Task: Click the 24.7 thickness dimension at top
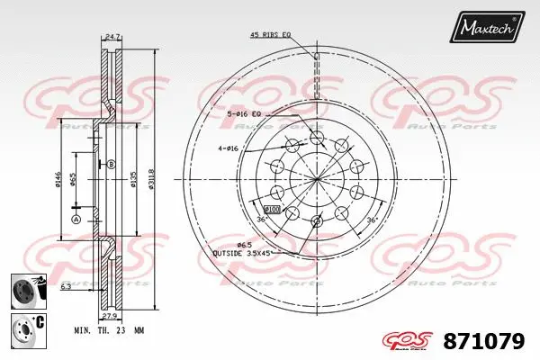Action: tap(112, 36)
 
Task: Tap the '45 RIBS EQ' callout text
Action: tap(271, 35)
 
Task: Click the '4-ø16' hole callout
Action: tap(228, 148)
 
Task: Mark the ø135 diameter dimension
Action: tap(134, 181)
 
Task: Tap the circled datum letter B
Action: tap(112, 164)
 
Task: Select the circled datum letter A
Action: tap(76, 219)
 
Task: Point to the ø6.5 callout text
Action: tap(244, 245)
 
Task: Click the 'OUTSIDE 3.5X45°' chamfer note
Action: tap(241, 254)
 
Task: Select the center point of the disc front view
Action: tap(317, 178)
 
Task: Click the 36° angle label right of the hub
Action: tap(371, 219)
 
